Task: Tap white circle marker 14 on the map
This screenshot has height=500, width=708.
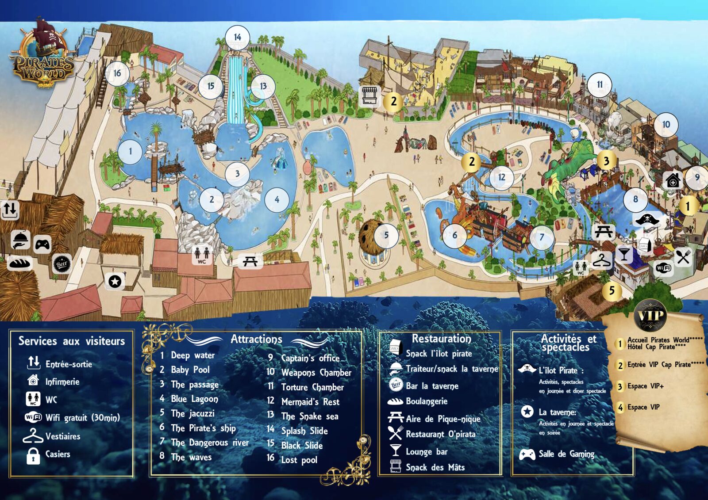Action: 238,38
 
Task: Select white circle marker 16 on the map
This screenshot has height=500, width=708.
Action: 117,73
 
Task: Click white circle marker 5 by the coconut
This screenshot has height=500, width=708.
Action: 386,235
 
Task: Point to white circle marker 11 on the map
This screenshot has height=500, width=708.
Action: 600,84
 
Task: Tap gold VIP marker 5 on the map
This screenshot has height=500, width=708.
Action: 612,290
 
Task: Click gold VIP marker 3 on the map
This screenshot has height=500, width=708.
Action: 607,161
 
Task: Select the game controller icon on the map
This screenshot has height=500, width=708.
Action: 42,244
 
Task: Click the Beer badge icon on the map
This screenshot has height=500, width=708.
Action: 62,264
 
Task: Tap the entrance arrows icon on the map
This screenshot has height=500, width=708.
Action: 10,210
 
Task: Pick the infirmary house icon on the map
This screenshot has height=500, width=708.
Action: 673,180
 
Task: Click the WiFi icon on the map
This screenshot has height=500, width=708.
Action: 664,268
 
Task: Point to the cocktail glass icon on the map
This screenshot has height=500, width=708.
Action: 624,255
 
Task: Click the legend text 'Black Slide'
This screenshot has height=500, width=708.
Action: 302,445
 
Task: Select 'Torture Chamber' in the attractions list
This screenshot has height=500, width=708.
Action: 312,387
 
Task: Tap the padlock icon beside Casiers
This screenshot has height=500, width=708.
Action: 33,455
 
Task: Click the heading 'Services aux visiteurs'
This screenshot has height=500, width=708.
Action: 72,341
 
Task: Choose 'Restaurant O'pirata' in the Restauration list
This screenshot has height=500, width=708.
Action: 440,434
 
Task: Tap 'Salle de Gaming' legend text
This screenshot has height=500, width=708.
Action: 566,454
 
